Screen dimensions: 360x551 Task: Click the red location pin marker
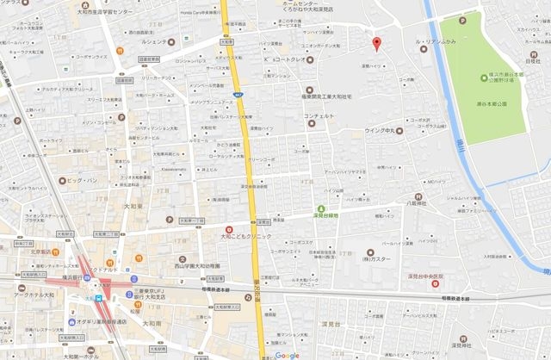coord(375,43)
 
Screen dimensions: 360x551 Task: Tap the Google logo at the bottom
coord(288,355)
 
